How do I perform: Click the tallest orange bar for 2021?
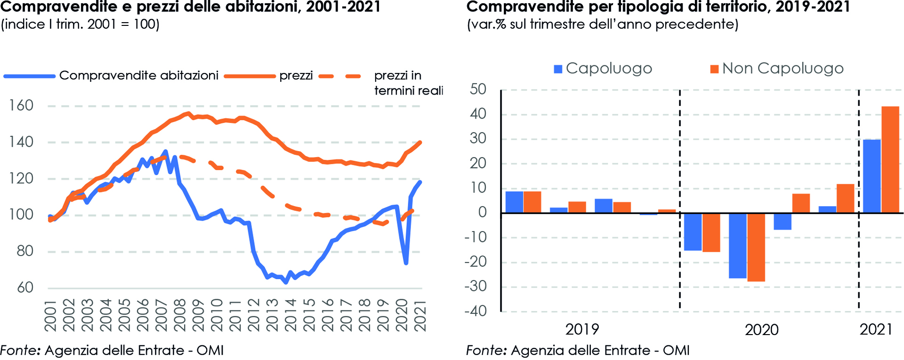(x=890, y=160)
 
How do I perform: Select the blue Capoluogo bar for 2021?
(x=872, y=176)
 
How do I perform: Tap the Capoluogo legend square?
(x=558, y=69)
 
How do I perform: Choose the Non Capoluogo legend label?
(x=783, y=69)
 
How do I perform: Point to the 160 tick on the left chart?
(x=21, y=105)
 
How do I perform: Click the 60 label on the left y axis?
(x=25, y=288)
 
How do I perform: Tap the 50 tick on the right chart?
(x=478, y=89)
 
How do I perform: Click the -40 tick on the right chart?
(x=476, y=311)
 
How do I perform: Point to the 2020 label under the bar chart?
(x=761, y=330)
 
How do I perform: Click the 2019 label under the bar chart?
(x=582, y=329)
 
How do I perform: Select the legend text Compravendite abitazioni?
(x=138, y=76)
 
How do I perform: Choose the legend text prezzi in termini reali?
(x=408, y=83)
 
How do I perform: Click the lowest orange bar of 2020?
(x=756, y=247)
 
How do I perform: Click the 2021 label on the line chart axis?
(x=420, y=315)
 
